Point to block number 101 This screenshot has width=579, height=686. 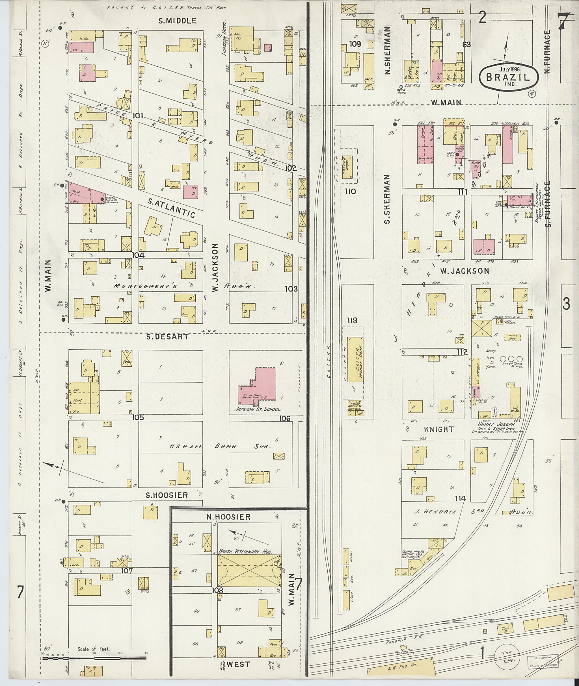(x=138, y=116)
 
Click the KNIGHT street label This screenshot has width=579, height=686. (x=439, y=429)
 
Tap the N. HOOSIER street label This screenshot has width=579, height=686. (x=228, y=517)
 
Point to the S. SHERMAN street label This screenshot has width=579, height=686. (x=387, y=199)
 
